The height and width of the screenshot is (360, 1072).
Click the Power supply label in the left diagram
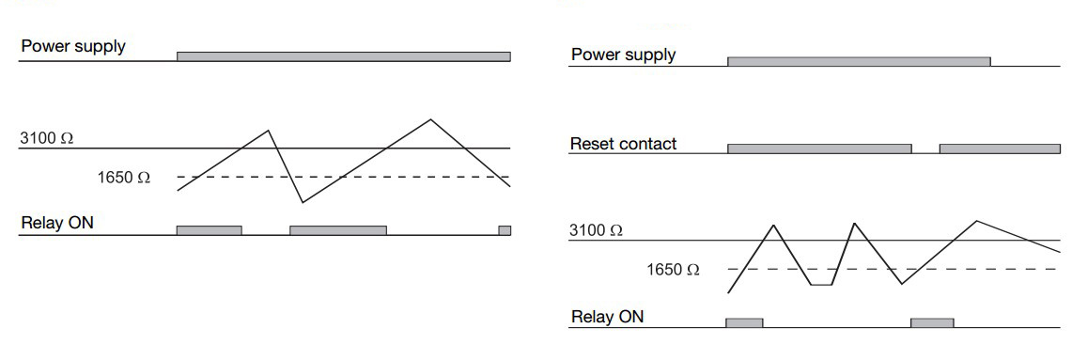(73, 46)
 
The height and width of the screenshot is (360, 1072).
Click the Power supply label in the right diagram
(623, 55)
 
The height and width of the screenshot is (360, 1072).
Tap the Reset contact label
(623, 144)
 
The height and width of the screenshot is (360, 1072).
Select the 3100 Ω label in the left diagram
(46, 138)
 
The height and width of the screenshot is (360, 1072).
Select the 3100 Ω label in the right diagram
(596, 230)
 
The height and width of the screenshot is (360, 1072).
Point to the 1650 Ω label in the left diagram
(123, 177)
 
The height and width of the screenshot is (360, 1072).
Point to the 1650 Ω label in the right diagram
(673, 270)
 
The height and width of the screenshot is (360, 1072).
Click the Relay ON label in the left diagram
(56, 223)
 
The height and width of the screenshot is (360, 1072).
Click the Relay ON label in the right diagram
(607, 317)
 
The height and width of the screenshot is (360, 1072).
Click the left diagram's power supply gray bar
(343, 56)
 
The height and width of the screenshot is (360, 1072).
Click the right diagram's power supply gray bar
(859, 61)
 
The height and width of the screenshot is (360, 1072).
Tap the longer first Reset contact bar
(819, 149)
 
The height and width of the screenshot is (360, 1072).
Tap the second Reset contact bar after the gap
(1000, 149)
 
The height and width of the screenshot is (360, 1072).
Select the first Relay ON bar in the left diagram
(209, 230)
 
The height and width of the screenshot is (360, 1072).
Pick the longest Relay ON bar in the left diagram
(338, 230)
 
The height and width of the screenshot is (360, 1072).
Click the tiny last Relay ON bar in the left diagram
(505, 230)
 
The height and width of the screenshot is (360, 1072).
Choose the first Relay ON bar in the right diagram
(744, 322)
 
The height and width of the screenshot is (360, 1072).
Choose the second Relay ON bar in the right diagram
(932, 322)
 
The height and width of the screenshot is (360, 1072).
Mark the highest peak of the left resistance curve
(430, 119)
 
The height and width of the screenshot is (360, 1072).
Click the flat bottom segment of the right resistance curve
(821, 284)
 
